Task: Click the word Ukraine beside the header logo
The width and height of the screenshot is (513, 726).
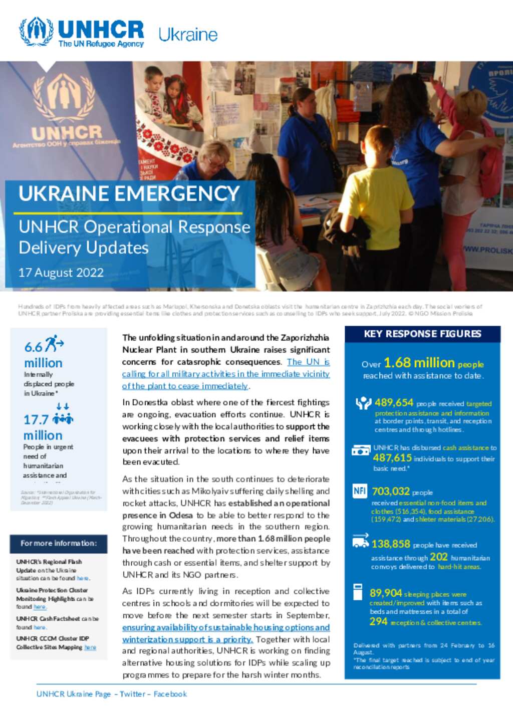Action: pos(188,35)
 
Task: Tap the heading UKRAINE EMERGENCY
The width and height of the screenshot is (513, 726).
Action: pos(129,194)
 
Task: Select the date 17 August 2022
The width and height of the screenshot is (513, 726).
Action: pos(61,273)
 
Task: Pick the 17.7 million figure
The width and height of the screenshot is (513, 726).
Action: pos(43,427)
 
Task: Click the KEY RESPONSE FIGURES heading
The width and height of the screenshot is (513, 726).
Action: pos(422,334)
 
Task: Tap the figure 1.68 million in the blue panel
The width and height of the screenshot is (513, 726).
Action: pos(419,362)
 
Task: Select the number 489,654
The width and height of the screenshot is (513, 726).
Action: pos(394,402)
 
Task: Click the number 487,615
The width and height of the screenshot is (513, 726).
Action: pos(392,457)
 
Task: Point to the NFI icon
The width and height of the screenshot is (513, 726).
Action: pos(360,491)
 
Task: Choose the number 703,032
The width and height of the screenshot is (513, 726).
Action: pos(391,492)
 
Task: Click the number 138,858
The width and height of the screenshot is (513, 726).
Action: pos(391,544)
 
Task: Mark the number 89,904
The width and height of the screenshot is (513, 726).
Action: pos(386,593)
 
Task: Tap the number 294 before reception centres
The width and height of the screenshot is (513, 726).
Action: pos(378,622)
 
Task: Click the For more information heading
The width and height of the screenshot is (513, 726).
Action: pos(59,543)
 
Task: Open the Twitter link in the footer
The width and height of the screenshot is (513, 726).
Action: pos(132,694)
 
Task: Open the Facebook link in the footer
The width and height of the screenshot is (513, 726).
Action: pos(170,694)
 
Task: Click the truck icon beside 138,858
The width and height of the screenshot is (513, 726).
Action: pos(360,541)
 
